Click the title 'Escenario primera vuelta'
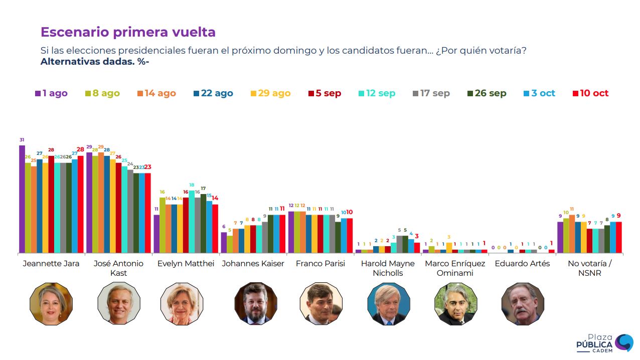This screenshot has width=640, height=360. pyautogui.click(x=128, y=32)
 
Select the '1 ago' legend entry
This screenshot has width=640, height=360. pyautogui.click(x=51, y=93)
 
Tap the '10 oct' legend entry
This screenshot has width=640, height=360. pyautogui.click(x=590, y=93)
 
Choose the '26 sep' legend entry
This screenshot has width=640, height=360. pyautogui.click(x=487, y=93)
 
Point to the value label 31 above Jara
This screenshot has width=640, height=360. pyautogui.click(x=22, y=139)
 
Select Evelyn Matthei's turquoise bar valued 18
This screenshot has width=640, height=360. pyautogui.click(x=192, y=222)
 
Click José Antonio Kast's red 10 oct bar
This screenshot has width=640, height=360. pyautogui.click(x=148, y=213)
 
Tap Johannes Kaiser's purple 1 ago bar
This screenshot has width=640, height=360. pyautogui.click(x=224, y=243)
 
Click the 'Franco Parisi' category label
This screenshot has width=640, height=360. pyautogui.click(x=320, y=264)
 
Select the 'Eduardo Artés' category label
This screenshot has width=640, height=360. pyautogui.click(x=522, y=264)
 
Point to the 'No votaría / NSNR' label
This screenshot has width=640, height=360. pyautogui.click(x=590, y=268)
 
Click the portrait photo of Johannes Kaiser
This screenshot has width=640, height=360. pyautogui.click(x=256, y=303)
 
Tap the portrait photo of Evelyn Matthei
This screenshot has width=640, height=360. pyautogui.click(x=182, y=303)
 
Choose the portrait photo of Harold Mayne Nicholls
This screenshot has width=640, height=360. pyautogui.click(x=389, y=303)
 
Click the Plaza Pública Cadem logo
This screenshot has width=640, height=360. pyautogui.click(x=604, y=343)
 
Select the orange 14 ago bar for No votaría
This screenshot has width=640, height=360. pyautogui.click(x=572, y=234)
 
